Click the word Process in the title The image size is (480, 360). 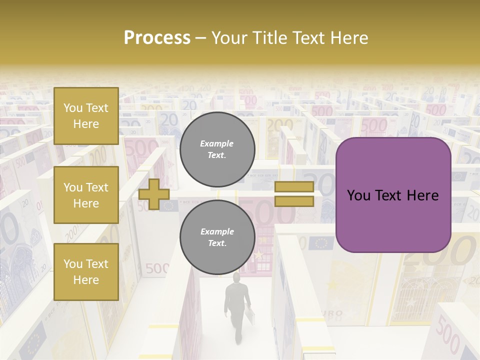click(x=157, y=38)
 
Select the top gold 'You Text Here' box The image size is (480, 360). click(x=86, y=116)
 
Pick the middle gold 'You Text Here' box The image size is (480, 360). click(x=86, y=195)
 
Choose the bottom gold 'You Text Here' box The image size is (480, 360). click(x=86, y=271)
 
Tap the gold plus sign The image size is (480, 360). click(x=154, y=194)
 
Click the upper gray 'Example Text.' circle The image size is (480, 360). click(x=217, y=149)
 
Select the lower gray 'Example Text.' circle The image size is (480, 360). click(x=217, y=237)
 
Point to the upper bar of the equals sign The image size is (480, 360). click(x=294, y=186)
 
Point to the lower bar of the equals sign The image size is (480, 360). click(x=294, y=201)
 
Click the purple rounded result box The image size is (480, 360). click(x=393, y=194)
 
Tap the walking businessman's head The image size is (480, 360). click(x=235, y=277)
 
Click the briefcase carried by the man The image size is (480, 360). click(x=248, y=315)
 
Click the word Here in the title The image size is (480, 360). click(x=349, y=38)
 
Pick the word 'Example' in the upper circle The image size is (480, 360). click(x=217, y=143)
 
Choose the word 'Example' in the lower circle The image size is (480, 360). click(x=217, y=231)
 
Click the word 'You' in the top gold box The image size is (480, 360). click(x=73, y=108)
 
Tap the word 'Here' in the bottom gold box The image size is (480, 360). click(x=86, y=280)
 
